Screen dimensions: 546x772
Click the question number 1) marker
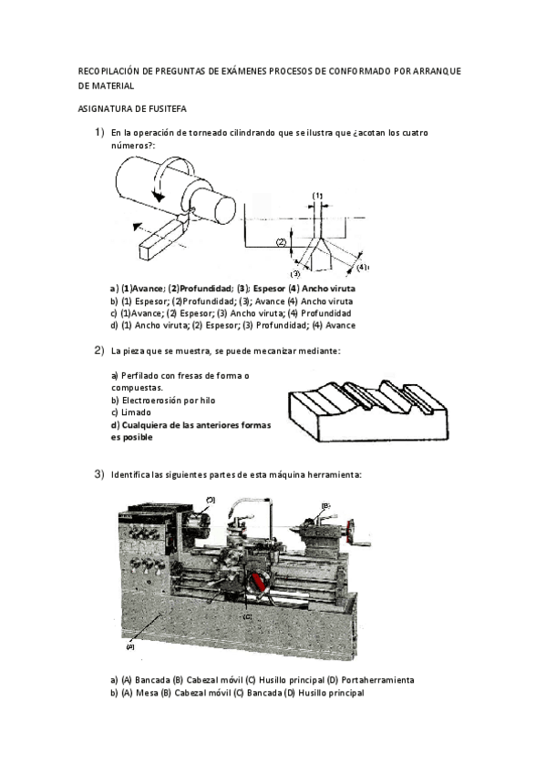point(99,132)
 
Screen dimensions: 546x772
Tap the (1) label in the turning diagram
point(318,196)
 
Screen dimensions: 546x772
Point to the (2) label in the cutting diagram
point(282,242)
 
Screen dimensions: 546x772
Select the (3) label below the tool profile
point(295,274)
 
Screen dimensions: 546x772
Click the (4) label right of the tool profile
point(362,268)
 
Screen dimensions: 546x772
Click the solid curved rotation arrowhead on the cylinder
point(159,196)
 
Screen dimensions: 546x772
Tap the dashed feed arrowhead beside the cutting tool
point(137,227)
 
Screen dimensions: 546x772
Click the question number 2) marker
point(99,351)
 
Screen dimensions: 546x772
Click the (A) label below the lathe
point(130,646)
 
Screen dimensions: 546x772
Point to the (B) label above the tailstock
point(325,505)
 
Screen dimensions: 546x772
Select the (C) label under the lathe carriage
point(247,616)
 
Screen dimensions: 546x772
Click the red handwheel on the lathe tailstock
point(350,532)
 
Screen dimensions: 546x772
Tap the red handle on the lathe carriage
point(258,582)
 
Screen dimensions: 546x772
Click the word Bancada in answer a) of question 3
point(153,680)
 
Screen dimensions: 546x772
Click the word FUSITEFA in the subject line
point(167,109)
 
